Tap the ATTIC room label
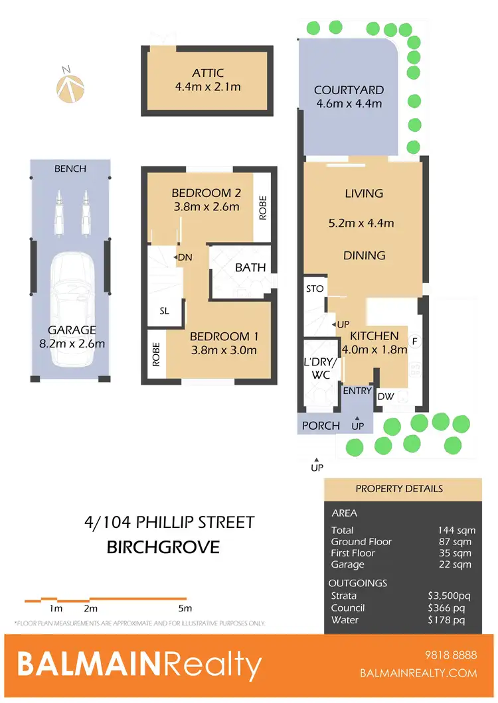(x=208, y=73)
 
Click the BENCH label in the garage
(x=70, y=168)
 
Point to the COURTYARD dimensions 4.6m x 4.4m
(x=349, y=103)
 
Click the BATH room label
(x=250, y=268)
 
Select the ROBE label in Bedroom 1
(x=157, y=354)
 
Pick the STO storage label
(x=315, y=288)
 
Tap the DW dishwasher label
(x=386, y=396)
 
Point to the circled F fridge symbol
(x=415, y=342)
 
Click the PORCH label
(x=321, y=426)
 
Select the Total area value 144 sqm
(x=454, y=529)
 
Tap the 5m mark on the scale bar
(x=185, y=608)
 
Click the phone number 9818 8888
(x=451, y=655)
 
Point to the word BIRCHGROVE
(x=163, y=548)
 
